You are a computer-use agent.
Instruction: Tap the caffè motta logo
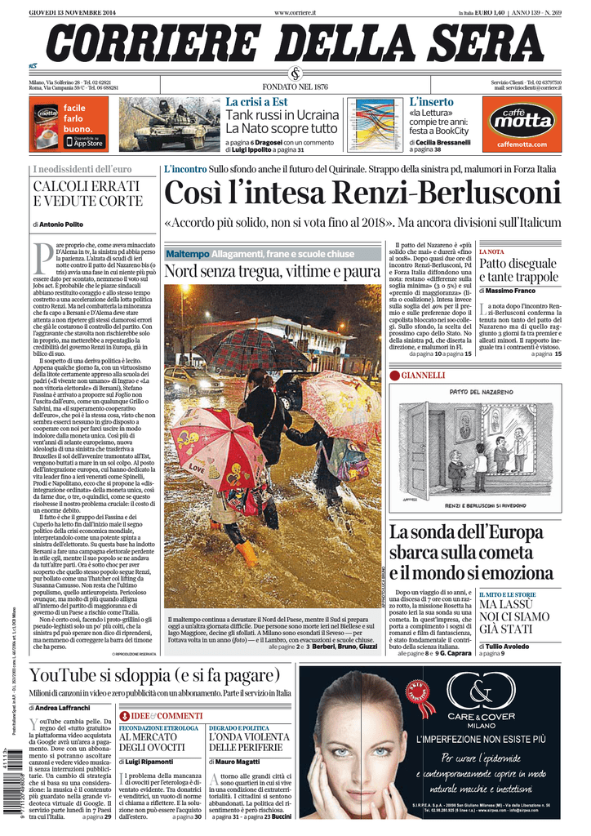(x=521, y=122)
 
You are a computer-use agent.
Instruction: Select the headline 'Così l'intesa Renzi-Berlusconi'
(x=362, y=193)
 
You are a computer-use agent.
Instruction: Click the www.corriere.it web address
(x=295, y=12)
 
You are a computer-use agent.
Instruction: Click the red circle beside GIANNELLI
(x=394, y=375)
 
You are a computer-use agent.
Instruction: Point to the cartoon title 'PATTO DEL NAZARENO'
(x=477, y=392)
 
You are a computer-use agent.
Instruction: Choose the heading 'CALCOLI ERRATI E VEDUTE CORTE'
(x=87, y=193)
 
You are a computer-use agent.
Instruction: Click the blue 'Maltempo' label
(x=187, y=254)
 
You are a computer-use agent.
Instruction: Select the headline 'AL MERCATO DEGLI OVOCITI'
(x=153, y=741)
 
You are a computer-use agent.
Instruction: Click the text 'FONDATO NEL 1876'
(x=295, y=87)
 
